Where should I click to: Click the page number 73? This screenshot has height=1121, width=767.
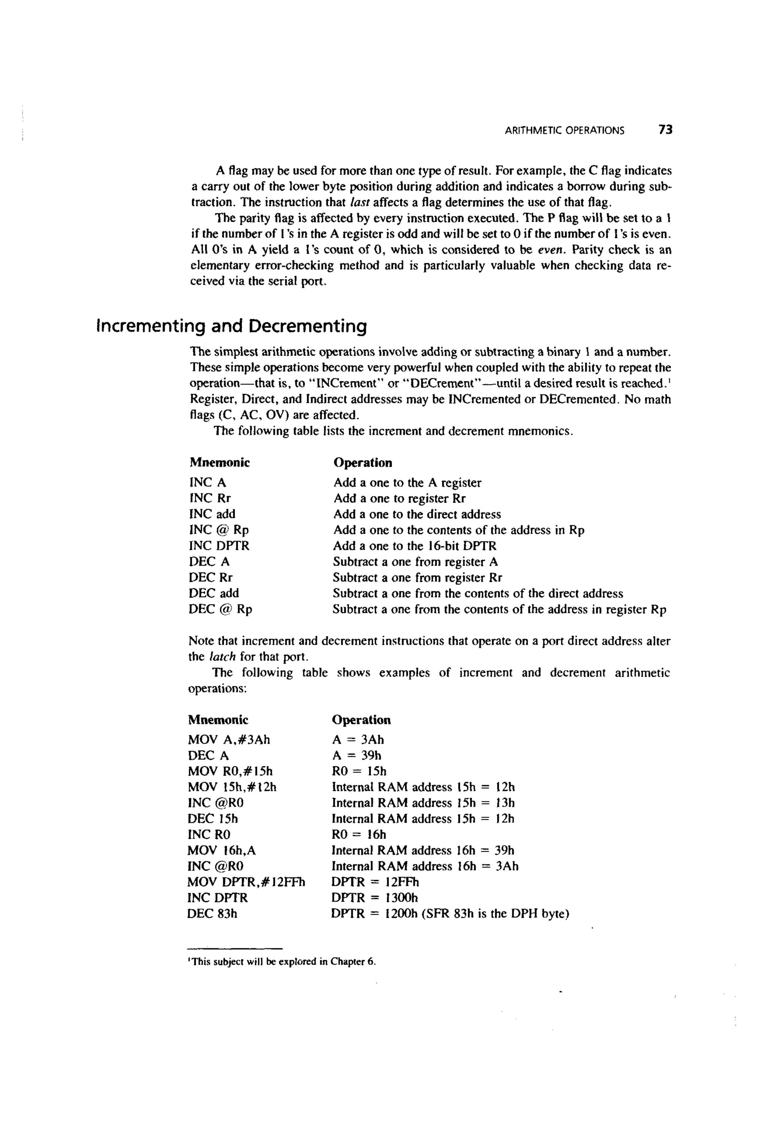(665, 130)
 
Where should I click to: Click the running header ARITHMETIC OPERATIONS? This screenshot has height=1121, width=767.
(564, 131)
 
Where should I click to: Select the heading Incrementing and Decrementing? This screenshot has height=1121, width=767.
(231, 327)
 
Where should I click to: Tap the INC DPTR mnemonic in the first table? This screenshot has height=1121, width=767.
(219, 546)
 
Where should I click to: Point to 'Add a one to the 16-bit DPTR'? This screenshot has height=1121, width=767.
(415, 546)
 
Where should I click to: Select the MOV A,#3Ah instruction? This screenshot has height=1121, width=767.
(229, 740)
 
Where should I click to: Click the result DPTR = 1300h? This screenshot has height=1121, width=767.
(375, 898)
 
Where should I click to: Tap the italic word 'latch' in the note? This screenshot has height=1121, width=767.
(222, 657)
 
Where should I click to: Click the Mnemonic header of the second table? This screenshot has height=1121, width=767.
(218, 720)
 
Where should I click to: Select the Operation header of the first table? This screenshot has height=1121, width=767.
(363, 463)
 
